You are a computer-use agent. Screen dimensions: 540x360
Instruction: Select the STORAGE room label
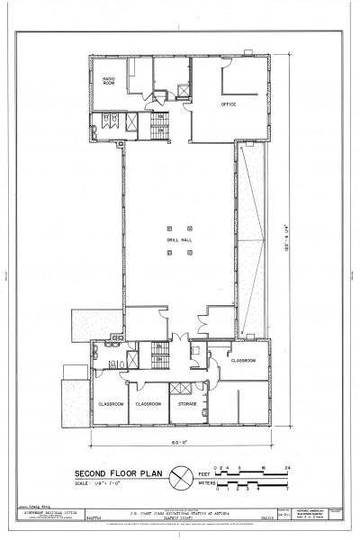[187, 404]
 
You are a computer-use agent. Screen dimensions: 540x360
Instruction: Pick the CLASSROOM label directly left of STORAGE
[148, 404]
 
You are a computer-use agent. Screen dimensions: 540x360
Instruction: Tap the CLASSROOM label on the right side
[243, 360]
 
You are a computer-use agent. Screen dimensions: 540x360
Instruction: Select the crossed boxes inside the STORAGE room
[181, 388]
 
